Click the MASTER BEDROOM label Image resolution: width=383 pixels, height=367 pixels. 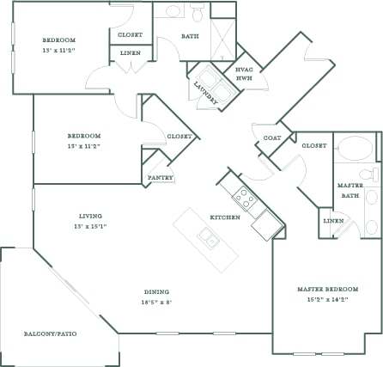pos(326,289)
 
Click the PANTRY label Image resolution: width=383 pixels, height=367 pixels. pos(161,178)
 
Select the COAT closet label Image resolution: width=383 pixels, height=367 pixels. pos(271,138)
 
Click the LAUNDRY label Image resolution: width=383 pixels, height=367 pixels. pos(205,94)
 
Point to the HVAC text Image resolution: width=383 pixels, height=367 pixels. pos(244,70)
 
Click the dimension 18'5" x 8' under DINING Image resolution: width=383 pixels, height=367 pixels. pos(156,302)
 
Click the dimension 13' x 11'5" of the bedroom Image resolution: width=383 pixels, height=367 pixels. pos(60,49)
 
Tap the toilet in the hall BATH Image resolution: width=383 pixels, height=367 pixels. pos(198,13)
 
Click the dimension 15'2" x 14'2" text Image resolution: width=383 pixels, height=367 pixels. pos(326,299)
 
